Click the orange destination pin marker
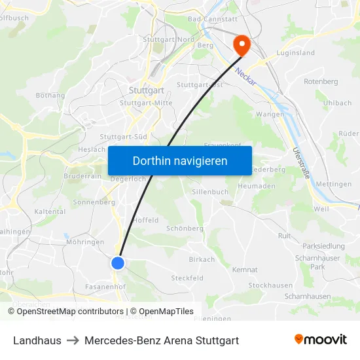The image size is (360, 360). point(242,45)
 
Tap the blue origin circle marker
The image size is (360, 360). point(118,263)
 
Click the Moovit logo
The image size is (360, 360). point(321,340)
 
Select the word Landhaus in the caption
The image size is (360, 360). point(37,340)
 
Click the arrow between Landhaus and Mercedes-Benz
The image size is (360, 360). point(73,340)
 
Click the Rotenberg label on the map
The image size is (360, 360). point(321,82)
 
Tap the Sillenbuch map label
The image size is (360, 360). point(210,192)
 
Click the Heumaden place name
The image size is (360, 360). point(257,187)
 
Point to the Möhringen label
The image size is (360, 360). point(85,242)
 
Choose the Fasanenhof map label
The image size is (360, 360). point(105,287)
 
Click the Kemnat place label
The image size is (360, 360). point(245,270)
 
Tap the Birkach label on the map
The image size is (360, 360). point(202,260)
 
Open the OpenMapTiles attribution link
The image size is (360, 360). point(162,312)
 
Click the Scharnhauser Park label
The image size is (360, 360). point(318,262)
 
